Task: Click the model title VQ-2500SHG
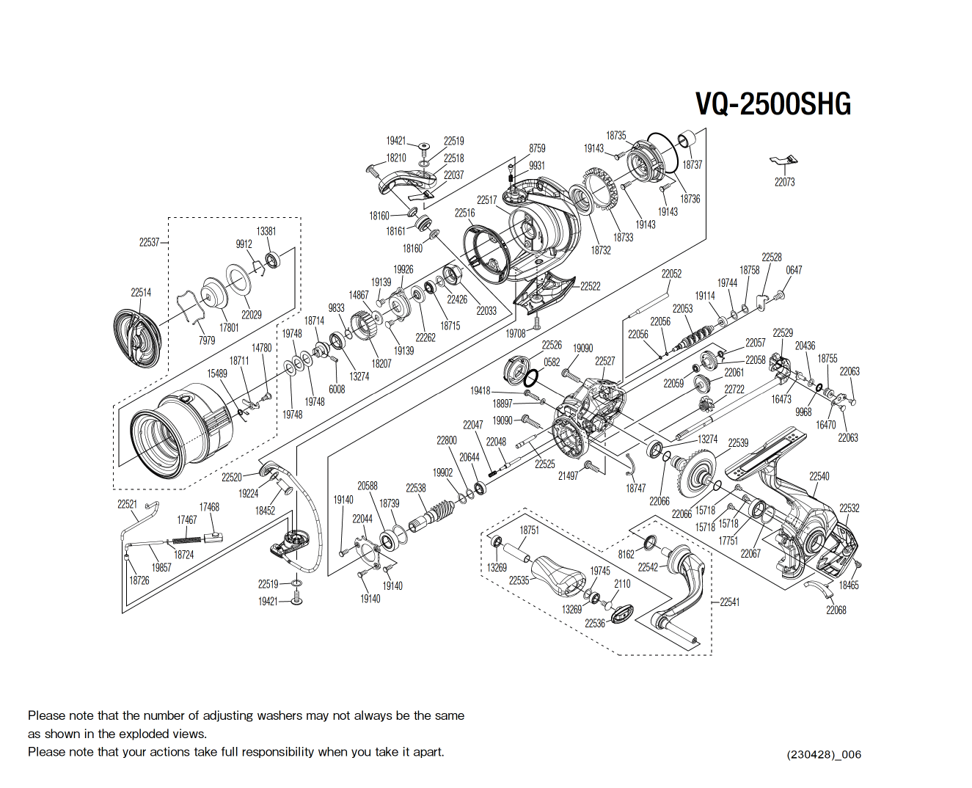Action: point(773,104)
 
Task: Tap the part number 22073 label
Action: point(784,182)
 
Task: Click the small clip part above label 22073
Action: point(783,161)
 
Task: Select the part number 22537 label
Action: point(149,242)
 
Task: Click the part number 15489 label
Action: point(217,373)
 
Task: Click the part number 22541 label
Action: point(729,602)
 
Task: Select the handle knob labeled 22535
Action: point(558,576)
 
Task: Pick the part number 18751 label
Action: point(529,530)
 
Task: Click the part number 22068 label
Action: point(836,610)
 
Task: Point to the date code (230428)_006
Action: point(824,754)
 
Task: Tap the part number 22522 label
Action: point(591,286)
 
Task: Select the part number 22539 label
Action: point(738,442)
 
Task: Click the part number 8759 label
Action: point(537,148)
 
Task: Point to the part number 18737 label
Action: point(692,164)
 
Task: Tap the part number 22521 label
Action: point(127,504)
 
